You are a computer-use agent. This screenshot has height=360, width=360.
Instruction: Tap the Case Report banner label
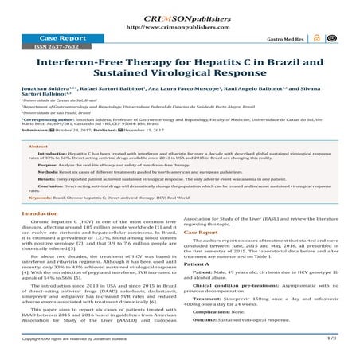tap(48, 37)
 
